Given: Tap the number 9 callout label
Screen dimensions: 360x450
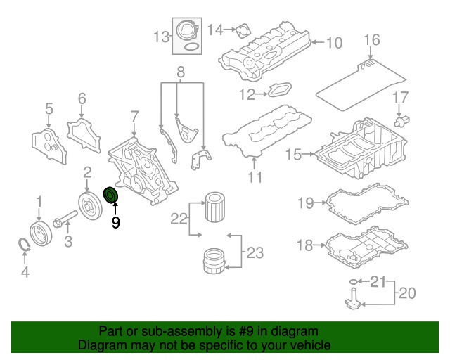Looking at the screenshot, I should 115,224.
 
